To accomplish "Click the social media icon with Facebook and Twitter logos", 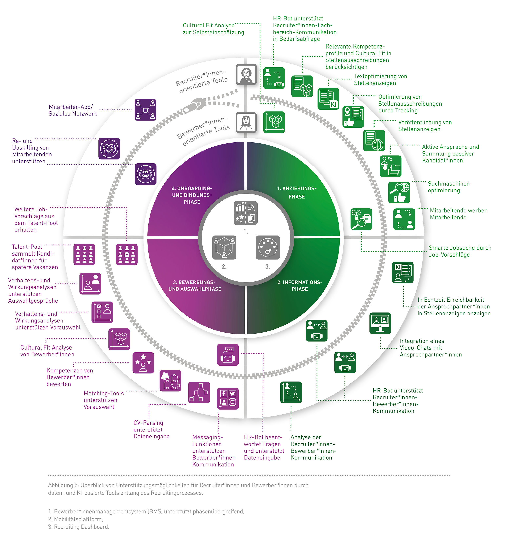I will (x=228, y=398).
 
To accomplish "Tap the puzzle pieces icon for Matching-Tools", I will (x=170, y=380).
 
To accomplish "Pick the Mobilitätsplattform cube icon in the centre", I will (x=224, y=247).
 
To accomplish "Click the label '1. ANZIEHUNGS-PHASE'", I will (x=297, y=192).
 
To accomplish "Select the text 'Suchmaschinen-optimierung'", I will (x=450, y=187).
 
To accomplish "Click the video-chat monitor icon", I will (x=380, y=323).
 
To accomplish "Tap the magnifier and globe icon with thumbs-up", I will (x=399, y=192).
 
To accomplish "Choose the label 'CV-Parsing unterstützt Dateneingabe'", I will (x=151, y=429).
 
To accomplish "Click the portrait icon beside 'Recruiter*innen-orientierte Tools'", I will (x=246, y=74).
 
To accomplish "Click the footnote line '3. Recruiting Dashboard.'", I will (x=79, y=527).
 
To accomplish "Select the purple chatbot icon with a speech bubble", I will (x=228, y=355).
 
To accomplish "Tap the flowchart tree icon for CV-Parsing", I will (x=199, y=392).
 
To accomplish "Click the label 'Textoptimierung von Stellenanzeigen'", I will (x=380, y=80).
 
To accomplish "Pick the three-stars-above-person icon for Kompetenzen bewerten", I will (x=143, y=363).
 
